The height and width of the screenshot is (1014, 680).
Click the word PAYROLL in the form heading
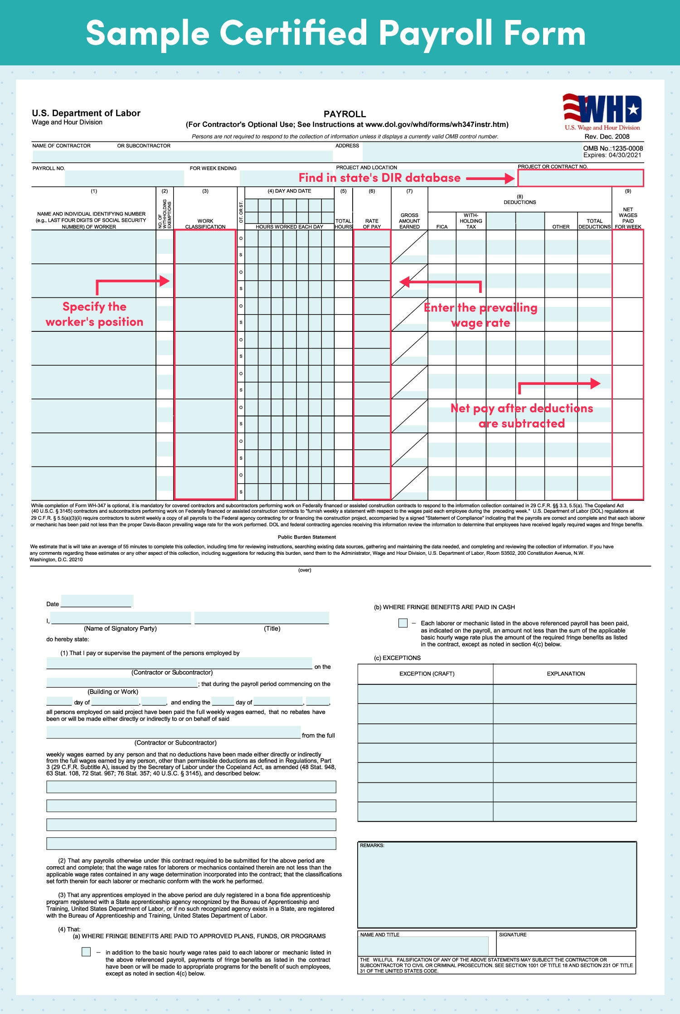pos(345,114)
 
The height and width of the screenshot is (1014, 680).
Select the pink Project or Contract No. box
pos(580,178)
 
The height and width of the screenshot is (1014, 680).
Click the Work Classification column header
pos(205,224)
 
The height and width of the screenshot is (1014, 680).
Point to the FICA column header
pos(442,227)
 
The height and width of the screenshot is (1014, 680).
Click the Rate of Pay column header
pos(372,224)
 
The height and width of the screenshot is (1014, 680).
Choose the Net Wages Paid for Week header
pos(628,218)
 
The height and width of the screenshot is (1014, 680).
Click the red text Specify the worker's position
pos(94,314)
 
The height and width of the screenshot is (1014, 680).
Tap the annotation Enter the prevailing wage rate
pos(481,315)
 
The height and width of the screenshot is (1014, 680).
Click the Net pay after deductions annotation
pos(521,416)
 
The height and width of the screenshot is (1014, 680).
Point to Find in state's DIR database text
pos(379,178)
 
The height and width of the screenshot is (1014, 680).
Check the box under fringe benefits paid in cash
pos(403,623)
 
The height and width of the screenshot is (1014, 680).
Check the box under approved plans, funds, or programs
pos(86,952)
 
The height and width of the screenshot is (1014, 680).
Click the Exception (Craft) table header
pos(427,674)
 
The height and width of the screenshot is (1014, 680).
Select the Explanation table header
pos(565,674)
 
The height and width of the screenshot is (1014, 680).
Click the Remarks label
pos(372,845)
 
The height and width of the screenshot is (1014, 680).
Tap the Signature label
pos(512,935)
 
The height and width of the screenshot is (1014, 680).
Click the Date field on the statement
pos(97,602)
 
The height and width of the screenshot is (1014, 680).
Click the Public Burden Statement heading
pos(307,537)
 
